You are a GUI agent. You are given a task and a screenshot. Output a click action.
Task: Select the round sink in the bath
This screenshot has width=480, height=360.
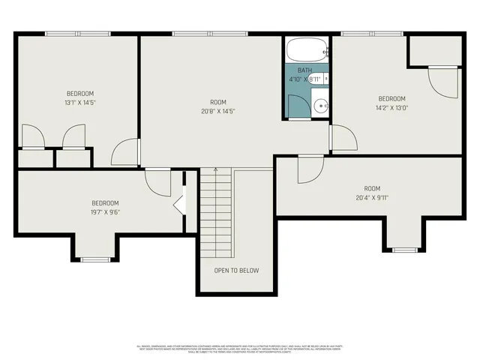point(321,105)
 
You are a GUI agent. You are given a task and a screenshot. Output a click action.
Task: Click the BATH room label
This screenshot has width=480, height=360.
point(304,70)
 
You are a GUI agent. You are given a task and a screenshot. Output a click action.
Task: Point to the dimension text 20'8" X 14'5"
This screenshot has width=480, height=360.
point(218,111)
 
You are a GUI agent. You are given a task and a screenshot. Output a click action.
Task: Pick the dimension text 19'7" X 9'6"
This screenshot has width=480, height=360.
point(105,211)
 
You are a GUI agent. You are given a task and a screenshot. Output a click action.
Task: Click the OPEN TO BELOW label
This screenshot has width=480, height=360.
point(236,270)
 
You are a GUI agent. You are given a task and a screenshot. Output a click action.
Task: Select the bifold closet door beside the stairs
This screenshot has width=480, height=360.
point(180,204)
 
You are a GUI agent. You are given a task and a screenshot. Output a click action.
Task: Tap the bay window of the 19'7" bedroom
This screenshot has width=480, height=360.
point(95,259)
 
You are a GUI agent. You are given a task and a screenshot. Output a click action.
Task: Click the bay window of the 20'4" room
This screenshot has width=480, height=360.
point(405,249)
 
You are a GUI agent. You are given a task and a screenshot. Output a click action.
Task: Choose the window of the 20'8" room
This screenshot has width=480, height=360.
point(199,34)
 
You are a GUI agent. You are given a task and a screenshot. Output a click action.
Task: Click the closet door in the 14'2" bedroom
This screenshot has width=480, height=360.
point(442,81)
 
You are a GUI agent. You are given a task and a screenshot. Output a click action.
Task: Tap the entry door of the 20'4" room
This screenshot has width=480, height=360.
point(309,169)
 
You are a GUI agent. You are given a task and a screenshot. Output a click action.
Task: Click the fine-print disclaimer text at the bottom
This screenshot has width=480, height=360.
point(239,348)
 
